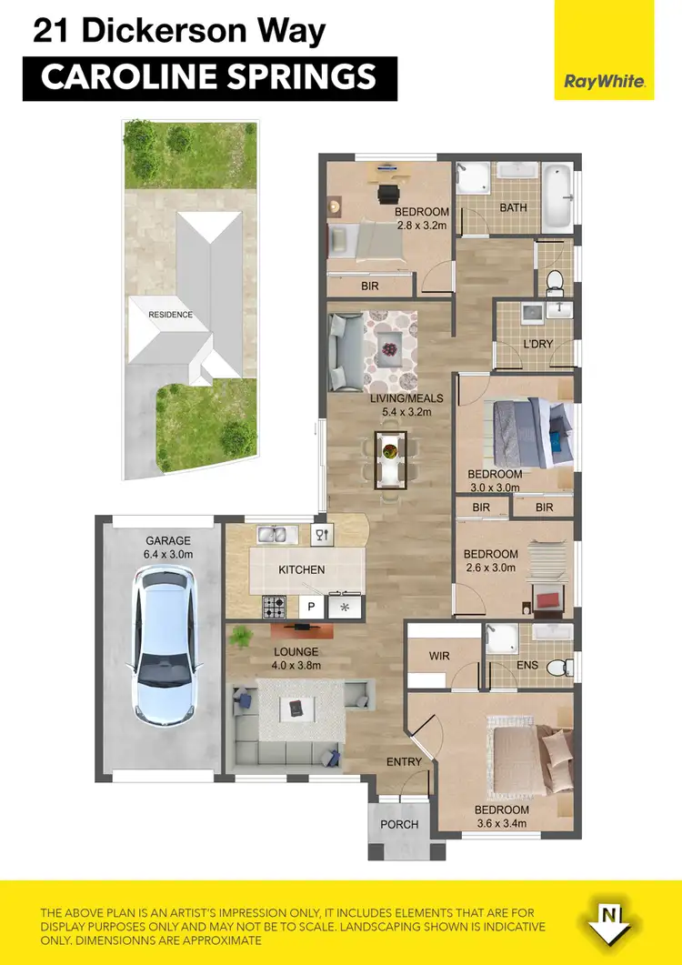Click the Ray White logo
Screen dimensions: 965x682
tap(605, 82)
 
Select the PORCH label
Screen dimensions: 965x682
tap(399, 825)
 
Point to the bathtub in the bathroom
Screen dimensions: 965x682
tap(557, 196)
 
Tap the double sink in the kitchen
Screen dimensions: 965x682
tap(271, 535)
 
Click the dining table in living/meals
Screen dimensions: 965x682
tap(390, 459)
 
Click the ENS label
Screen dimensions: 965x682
tap(527, 666)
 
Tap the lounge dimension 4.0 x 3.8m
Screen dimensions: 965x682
tap(296, 665)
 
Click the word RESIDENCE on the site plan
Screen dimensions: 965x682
tap(171, 315)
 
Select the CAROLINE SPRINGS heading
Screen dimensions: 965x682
tap(208, 77)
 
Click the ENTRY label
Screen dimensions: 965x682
tap(404, 761)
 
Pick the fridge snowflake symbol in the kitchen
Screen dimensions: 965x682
tap(345, 607)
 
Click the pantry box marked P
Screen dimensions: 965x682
tap(312, 607)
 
